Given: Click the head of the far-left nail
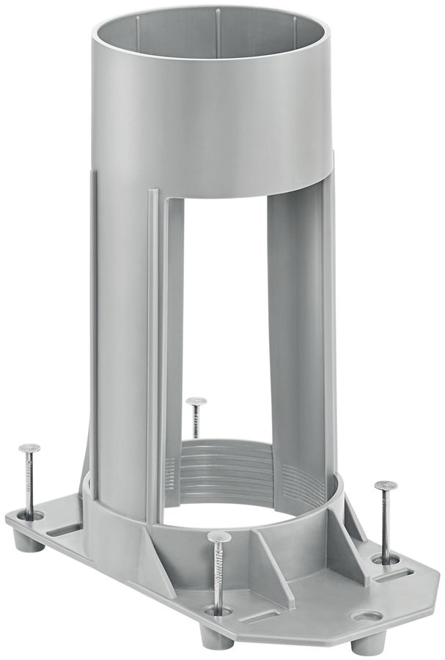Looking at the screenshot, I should [29, 448].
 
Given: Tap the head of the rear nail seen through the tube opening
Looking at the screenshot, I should [196, 401].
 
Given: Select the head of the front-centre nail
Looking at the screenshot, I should [218, 537].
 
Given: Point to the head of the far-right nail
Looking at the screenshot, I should [386, 485].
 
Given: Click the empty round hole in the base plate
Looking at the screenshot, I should [367, 616].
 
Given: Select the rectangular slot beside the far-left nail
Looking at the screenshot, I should [66, 530].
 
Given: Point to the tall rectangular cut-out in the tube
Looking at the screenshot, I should [224, 315].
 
